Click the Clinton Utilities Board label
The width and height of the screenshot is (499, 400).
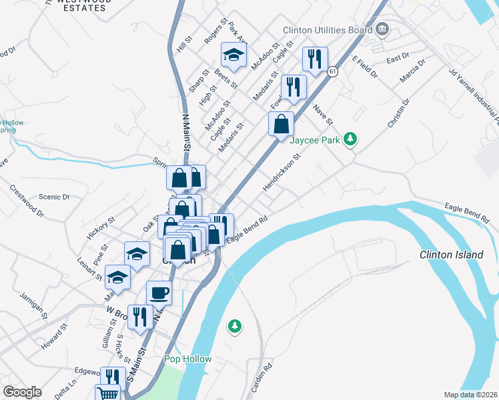(x=327, y=30)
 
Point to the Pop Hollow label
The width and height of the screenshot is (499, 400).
(x=188, y=359)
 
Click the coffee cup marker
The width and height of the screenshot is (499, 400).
(x=159, y=293)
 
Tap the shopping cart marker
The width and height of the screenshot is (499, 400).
(x=107, y=393)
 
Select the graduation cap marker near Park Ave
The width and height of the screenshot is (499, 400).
(x=233, y=55)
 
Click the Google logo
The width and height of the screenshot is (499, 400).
(x=22, y=392)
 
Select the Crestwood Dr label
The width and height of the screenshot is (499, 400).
(x=27, y=202)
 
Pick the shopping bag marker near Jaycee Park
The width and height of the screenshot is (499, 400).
(x=282, y=123)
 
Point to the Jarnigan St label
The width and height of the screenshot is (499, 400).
(x=32, y=304)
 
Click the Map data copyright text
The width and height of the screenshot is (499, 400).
(x=470, y=395)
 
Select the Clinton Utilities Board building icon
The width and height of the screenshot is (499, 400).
(x=382, y=29)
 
